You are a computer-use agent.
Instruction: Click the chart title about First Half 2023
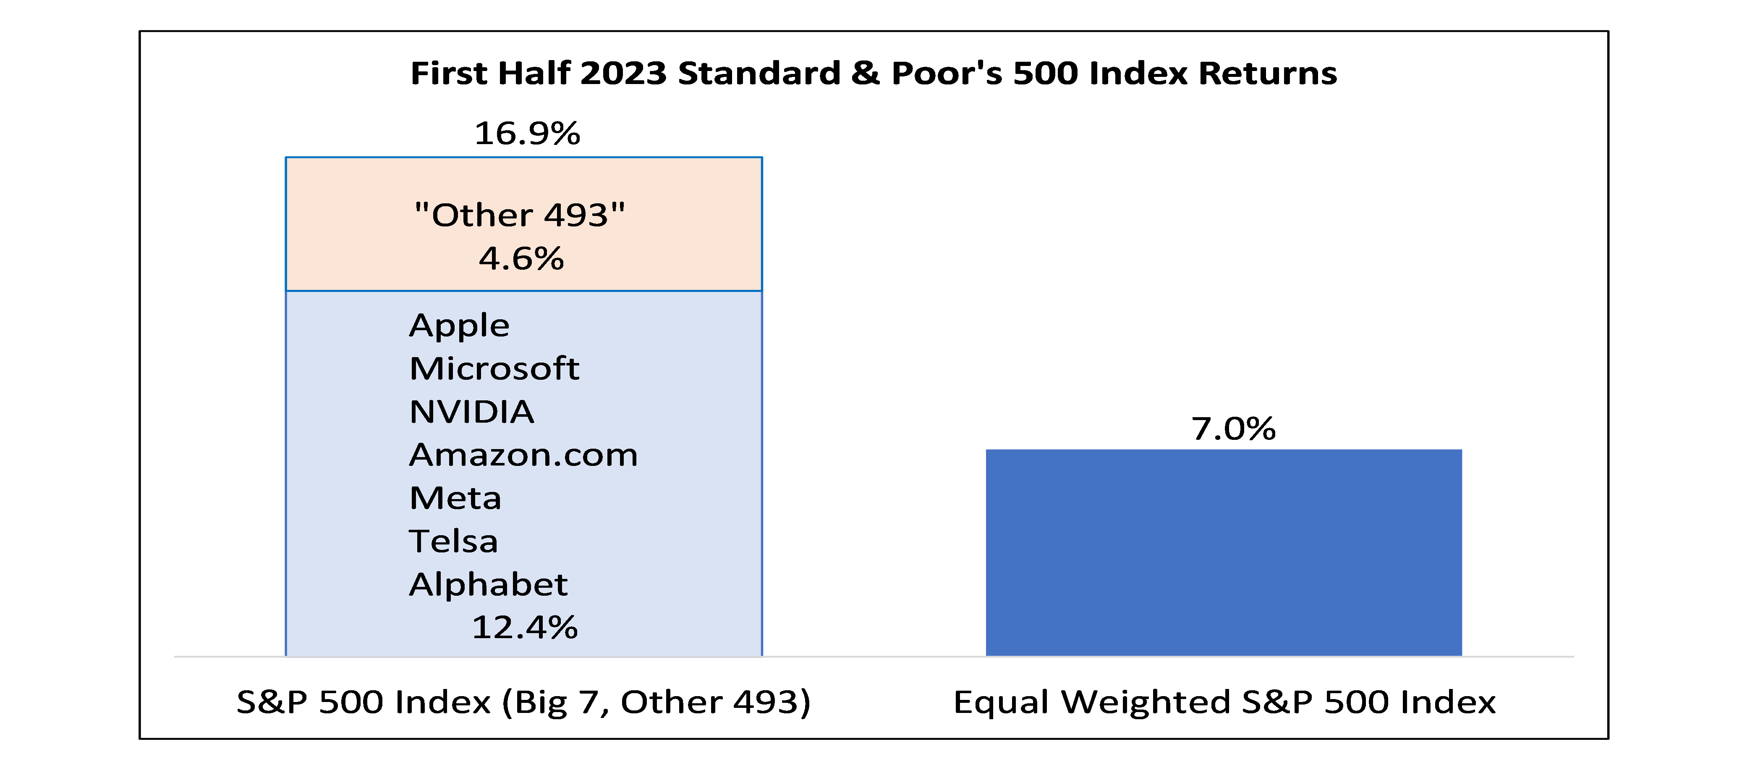tap(873, 73)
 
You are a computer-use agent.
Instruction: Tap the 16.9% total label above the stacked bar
tap(527, 133)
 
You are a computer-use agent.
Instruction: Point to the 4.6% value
tap(521, 258)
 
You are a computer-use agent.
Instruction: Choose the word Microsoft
tap(494, 368)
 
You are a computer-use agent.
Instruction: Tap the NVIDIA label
tap(471, 411)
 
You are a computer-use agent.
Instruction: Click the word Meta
tap(455, 498)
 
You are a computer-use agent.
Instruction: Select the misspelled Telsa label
tap(453, 541)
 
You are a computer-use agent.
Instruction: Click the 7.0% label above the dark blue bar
tap(1233, 429)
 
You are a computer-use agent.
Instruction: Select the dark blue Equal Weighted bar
tap(1224, 552)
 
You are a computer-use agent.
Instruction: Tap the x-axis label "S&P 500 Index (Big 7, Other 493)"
tap(523, 702)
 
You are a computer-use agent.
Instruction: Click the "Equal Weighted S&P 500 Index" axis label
tap(1224, 702)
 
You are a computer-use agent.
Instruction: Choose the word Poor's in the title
tap(947, 73)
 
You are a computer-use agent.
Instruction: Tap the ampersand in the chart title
tap(866, 73)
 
